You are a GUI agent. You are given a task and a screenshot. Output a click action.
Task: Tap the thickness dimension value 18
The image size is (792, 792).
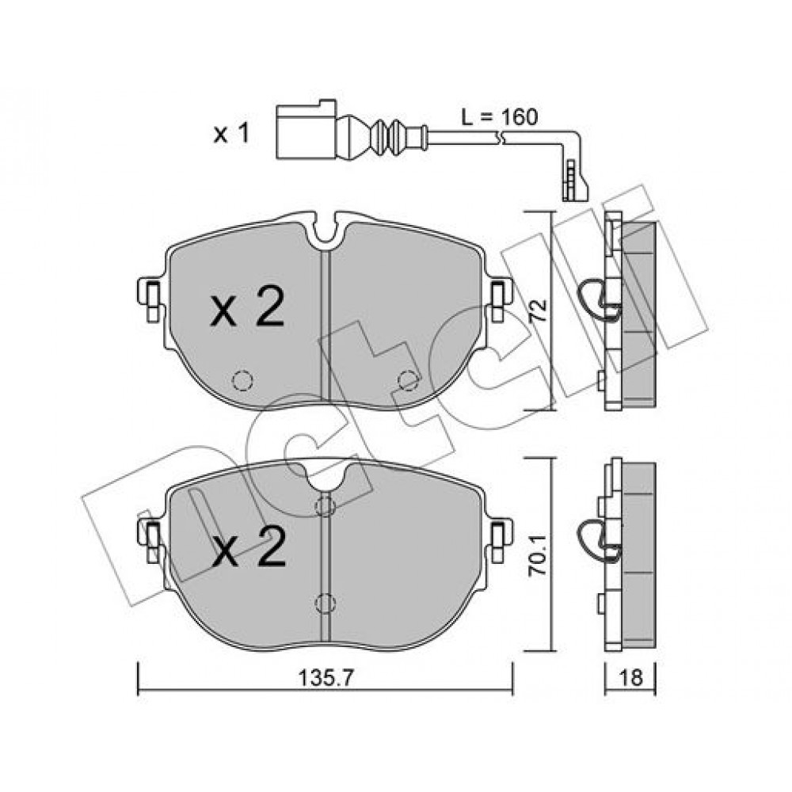click(630, 677)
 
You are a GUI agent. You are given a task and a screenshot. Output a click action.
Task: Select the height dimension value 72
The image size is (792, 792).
click(537, 310)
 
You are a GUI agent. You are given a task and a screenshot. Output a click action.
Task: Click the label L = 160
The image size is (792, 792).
click(499, 117)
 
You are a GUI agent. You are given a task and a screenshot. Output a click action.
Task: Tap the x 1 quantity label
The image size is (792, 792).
click(231, 135)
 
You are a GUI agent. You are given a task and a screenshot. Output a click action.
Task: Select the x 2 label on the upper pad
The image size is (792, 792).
click(247, 307)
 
